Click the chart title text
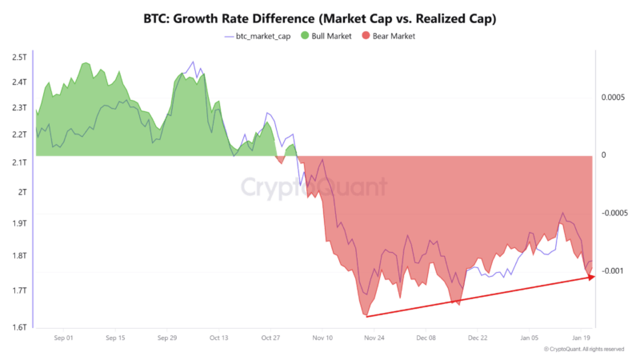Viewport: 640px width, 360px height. (319, 18)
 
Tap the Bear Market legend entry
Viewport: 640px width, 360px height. (387, 36)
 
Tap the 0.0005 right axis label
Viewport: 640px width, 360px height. (613, 98)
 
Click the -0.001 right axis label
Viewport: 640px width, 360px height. (613, 271)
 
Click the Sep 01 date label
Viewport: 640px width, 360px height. (63, 338)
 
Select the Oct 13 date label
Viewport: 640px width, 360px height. (218, 338)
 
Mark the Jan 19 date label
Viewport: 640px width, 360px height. (582, 338)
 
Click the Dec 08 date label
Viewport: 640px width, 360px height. (426, 338)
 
